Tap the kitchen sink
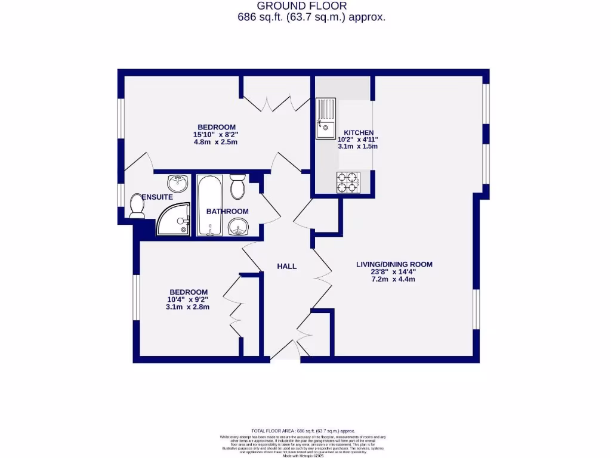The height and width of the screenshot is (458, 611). coord(326,119)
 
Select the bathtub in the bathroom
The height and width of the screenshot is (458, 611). coord(209,206)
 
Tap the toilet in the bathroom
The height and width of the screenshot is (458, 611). coord(237,187)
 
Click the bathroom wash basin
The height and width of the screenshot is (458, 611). coord(239,227)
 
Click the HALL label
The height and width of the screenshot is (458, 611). coord(286,267)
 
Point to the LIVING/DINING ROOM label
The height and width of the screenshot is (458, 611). coord(394,264)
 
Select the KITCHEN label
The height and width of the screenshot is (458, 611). coord(358,132)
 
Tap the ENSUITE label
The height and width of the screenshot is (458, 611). coord(158,197)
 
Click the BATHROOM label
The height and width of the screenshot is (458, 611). coord(227,211)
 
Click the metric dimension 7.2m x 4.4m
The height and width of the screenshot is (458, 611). coord(394,279)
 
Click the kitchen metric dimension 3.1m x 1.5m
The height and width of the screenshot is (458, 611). coord(358,146)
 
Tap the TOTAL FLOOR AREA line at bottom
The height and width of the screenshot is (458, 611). coord(303,431)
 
